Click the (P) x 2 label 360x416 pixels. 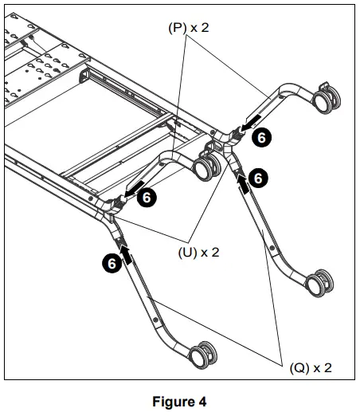point(188,26)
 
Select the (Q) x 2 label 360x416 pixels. point(309,367)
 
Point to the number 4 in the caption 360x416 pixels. point(202,402)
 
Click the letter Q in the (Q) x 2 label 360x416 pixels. point(299,367)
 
